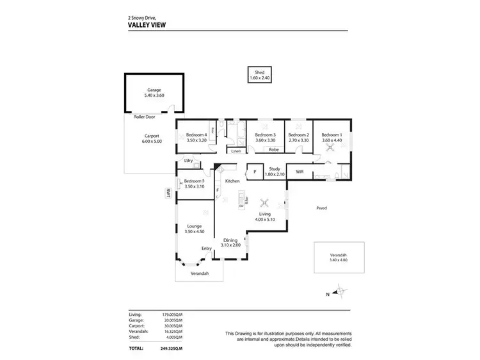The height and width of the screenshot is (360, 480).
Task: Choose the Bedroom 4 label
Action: (196, 135)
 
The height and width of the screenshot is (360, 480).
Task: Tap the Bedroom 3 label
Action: (265, 135)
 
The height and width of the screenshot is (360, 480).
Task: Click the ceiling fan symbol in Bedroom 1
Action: (332, 147)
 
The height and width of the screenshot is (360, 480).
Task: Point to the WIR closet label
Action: (299, 172)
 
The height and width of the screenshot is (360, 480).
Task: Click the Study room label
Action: (275, 169)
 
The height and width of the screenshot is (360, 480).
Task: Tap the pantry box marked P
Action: (255, 172)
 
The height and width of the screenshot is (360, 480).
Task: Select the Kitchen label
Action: (232, 181)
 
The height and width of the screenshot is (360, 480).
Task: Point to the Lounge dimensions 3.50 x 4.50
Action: (195, 231)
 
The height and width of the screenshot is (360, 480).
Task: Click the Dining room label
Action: (230, 240)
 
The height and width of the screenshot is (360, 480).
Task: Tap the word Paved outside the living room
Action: (322, 208)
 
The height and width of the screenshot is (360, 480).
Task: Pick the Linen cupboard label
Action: (236, 151)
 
